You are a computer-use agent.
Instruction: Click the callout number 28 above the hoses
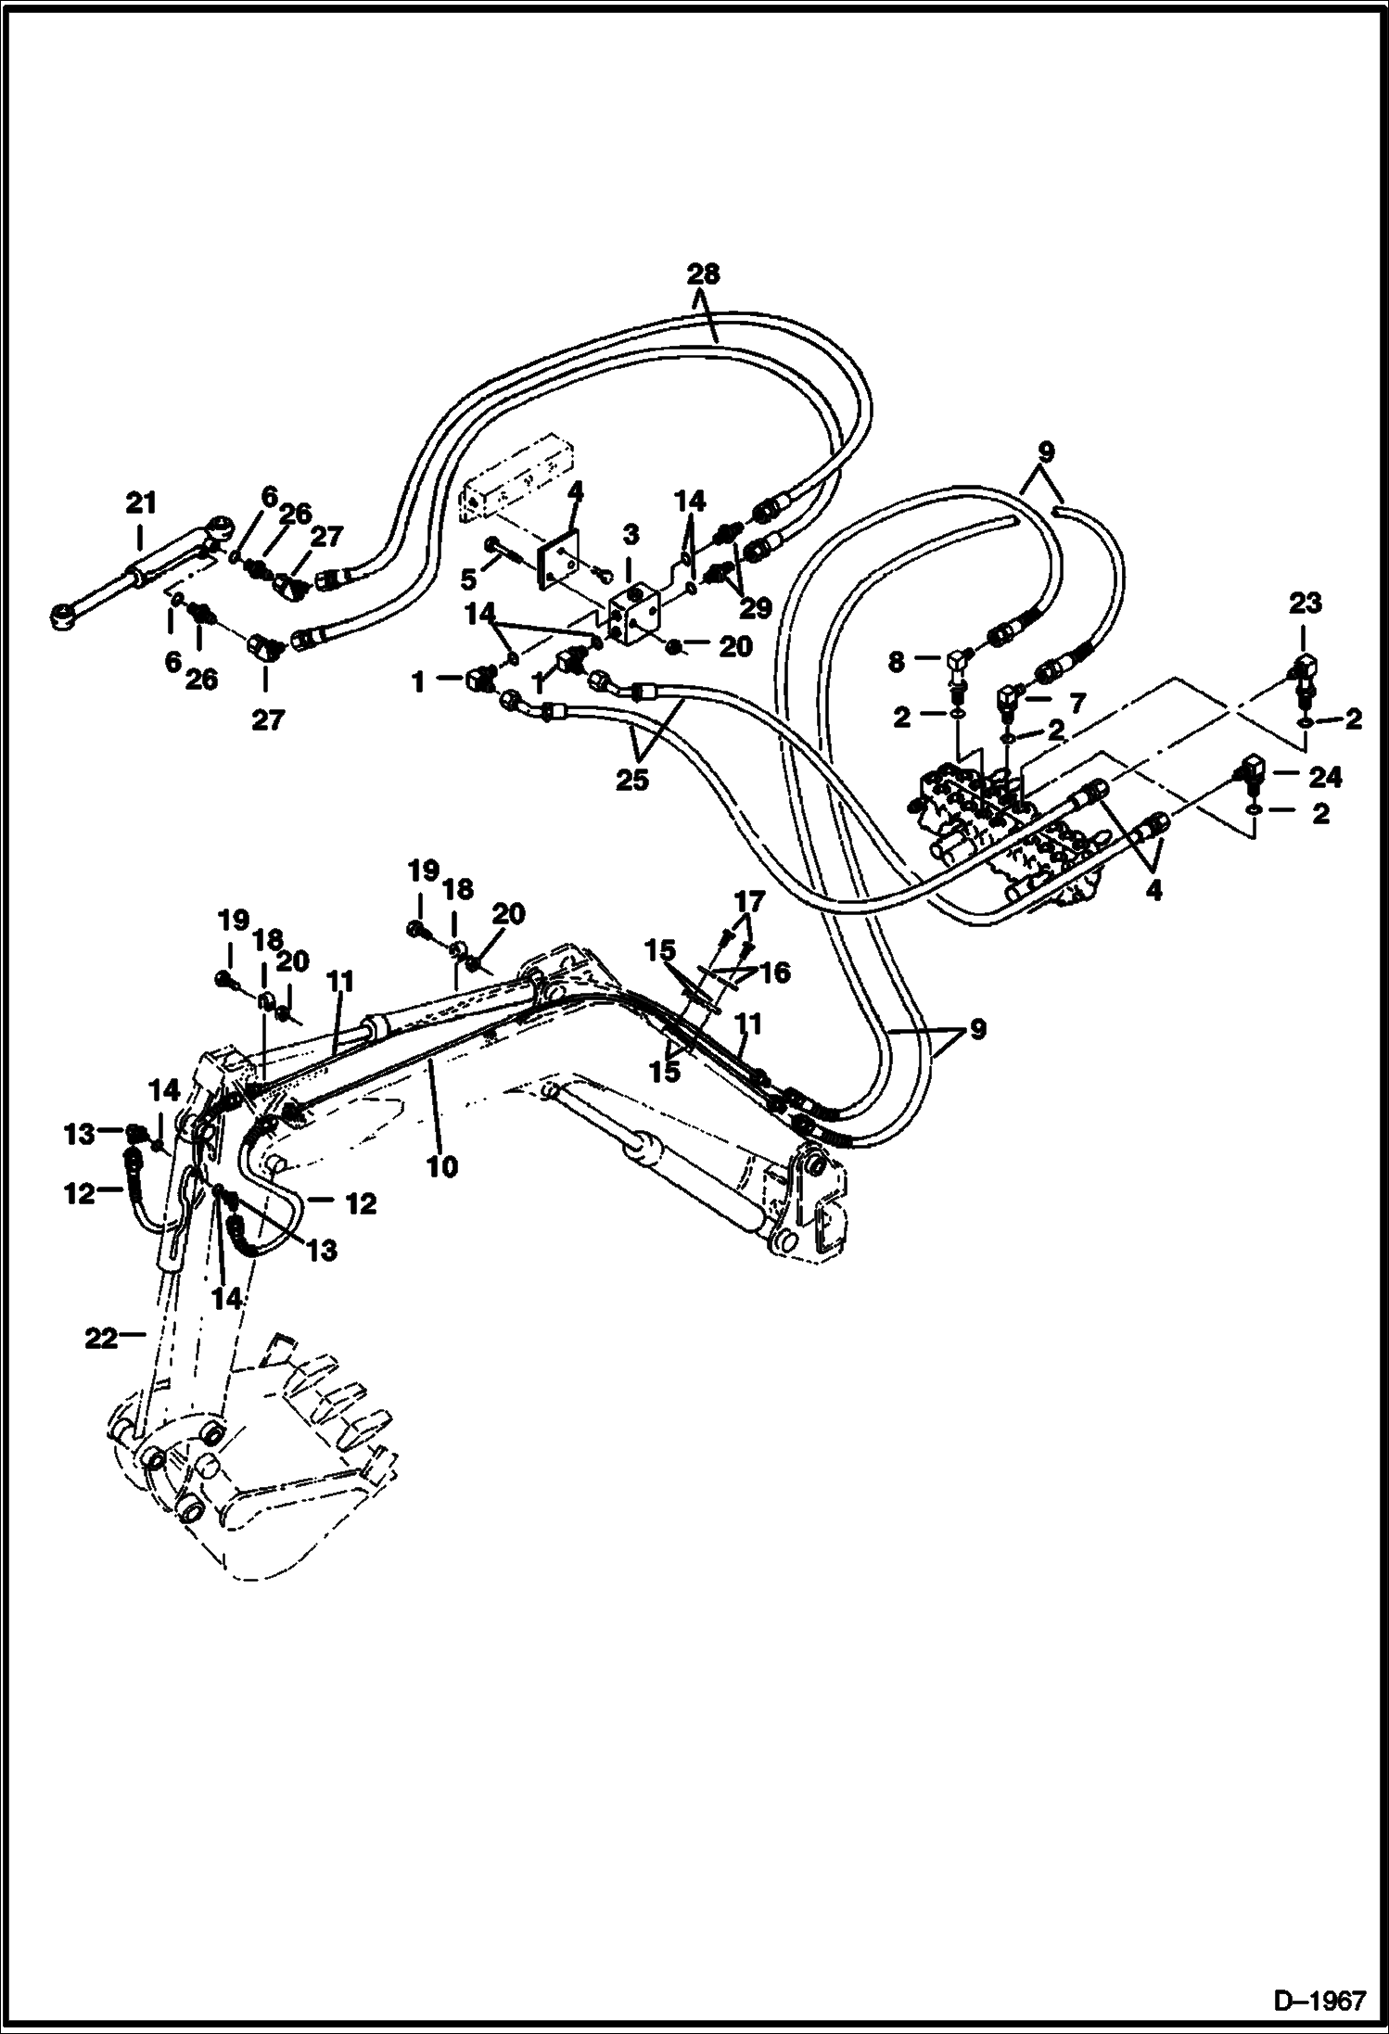pyautogui.click(x=703, y=274)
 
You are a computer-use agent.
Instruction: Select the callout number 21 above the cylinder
pyautogui.click(x=140, y=504)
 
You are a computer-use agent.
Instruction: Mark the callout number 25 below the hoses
pyautogui.click(x=634, y=780)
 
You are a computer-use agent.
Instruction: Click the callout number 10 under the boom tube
pyautogui.click(x=442, y=1165)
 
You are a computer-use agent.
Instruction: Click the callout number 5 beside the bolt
pyautogui.click(x=469, y=579)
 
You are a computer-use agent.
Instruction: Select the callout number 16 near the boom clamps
pyautogui.click(x=775, y=972)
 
